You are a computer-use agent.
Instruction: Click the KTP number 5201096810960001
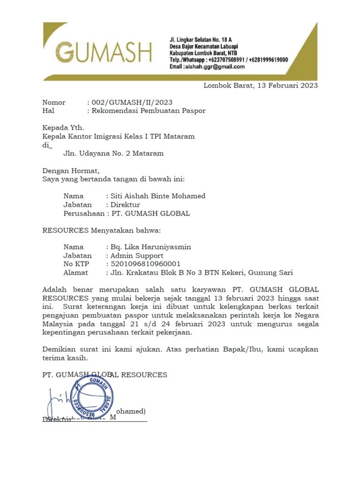tap(143, 264)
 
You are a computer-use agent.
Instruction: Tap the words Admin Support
tap(136, 255)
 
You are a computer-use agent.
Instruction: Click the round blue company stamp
tap(92, 398)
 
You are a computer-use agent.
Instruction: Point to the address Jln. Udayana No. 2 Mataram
tap(113, 153)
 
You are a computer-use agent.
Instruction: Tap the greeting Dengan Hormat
tap(71, 171)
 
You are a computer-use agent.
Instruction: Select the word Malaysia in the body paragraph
tap(58, 324)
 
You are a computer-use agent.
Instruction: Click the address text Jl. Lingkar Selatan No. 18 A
tap(201, 40)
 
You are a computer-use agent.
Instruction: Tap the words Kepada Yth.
tap(63, 127)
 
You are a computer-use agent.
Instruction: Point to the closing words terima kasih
tap(65, 358)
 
